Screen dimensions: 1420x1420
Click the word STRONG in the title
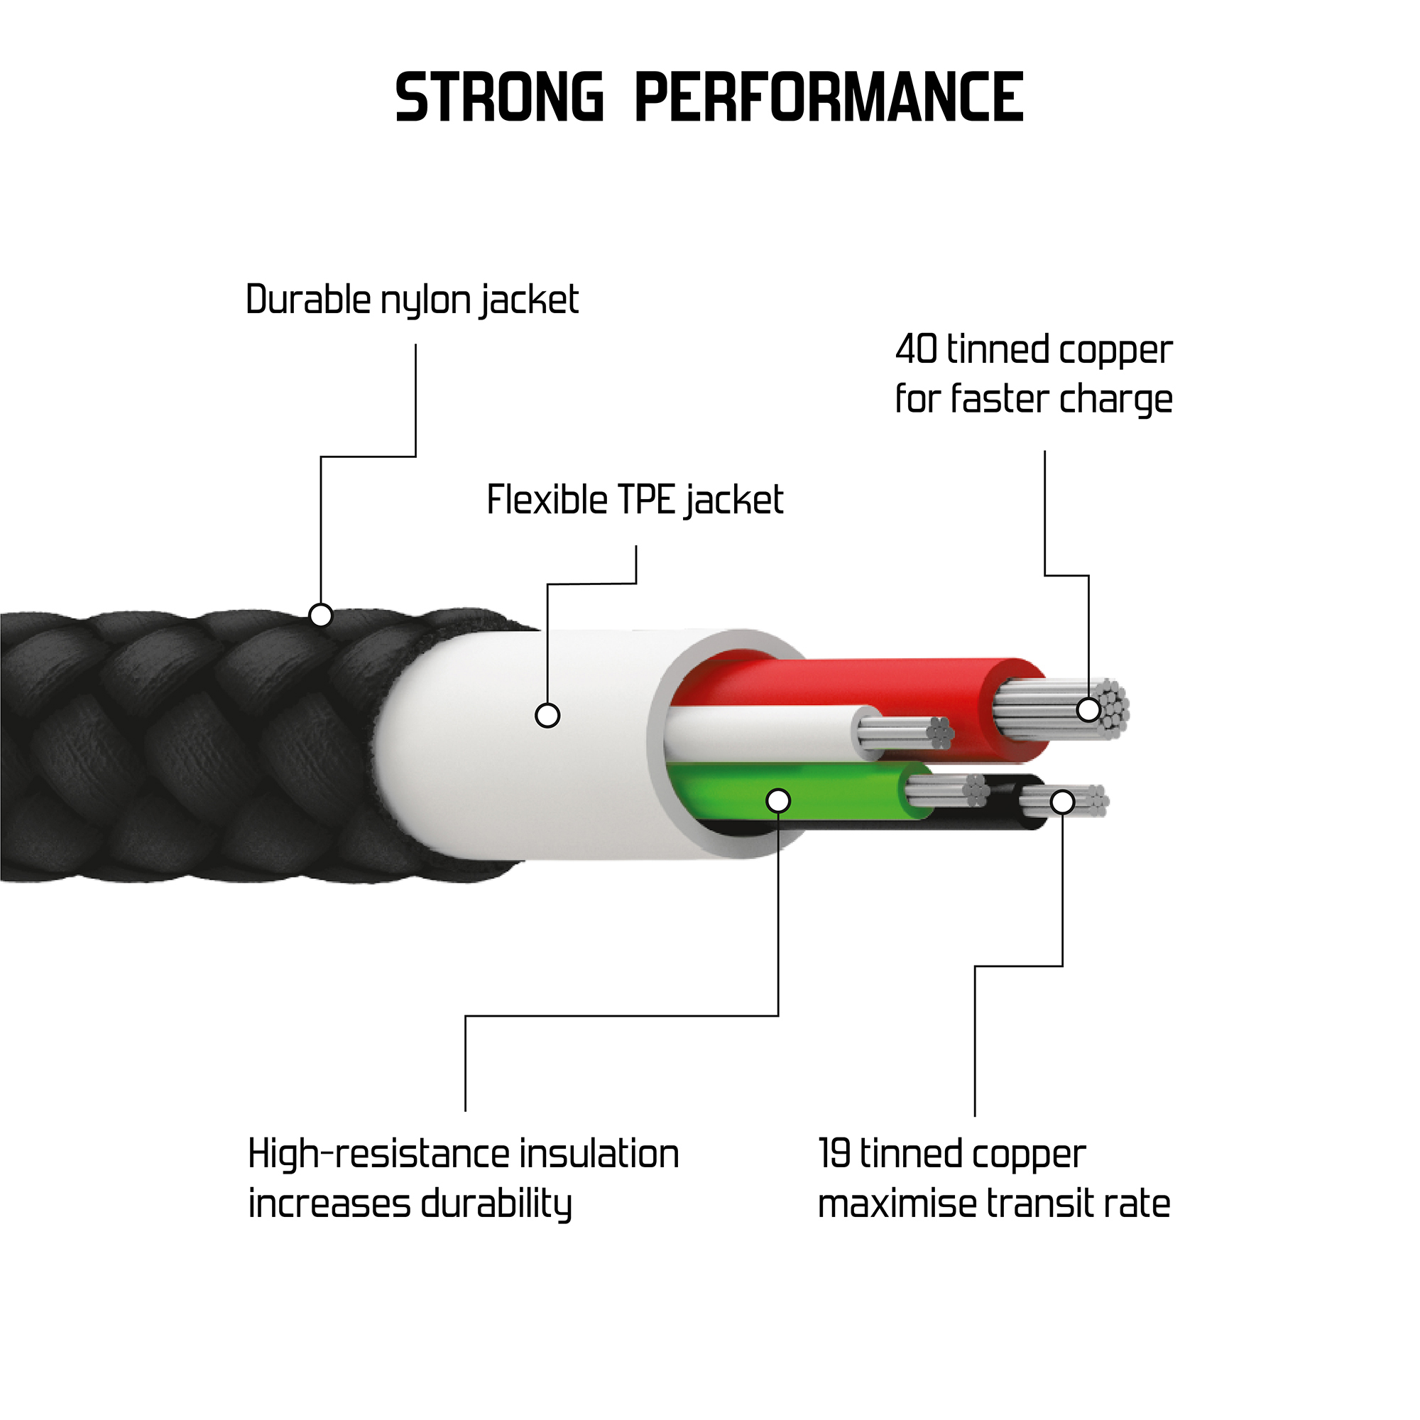click(x=499, y=97)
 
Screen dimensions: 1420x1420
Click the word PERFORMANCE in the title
click(x=829, y=97)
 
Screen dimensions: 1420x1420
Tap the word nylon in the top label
click(x=425, y=300)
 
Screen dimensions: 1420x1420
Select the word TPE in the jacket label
click(x=647, y=501)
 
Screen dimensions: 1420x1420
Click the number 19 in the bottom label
click(x=834, y=1153)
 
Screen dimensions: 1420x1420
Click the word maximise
click(x=897, y=1205)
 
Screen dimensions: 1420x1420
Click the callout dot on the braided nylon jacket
click(x=321, y=614)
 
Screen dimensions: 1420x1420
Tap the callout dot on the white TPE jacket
click(x=547, y=715)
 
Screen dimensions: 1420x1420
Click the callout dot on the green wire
click(x=777, y=800)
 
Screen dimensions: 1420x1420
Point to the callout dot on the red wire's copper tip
click(x=1088, y=710)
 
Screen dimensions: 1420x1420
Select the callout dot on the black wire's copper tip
click(x=1063, y=802)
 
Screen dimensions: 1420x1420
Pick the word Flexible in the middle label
click(x=547, y=501)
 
